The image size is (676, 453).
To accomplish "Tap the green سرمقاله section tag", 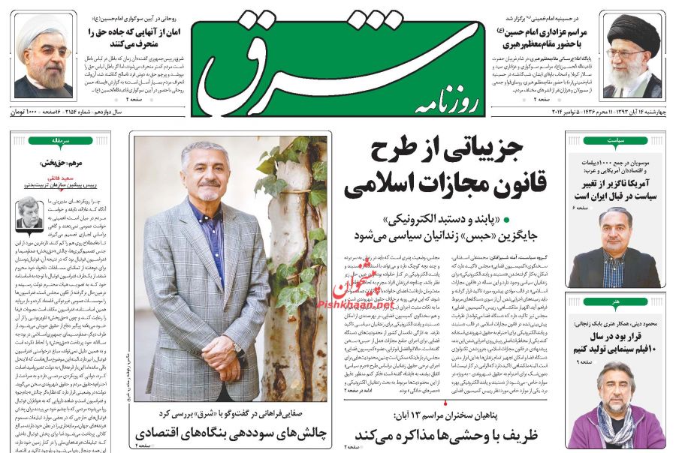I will coord(62,140).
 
